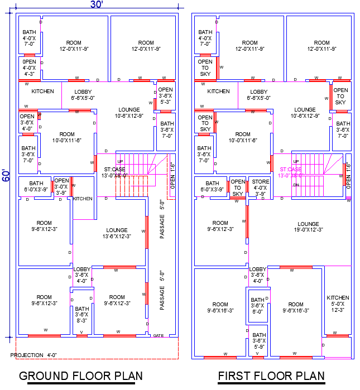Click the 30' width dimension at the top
point(96,4)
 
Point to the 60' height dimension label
point(5,177)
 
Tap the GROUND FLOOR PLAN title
point(81,375)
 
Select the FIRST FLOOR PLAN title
point(271,375)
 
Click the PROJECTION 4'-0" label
point(34,355)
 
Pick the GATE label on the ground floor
point(158,335)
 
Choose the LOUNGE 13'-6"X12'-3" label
point(117,233)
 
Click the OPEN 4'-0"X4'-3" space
point(30,67)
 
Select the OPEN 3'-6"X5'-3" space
point(165,95)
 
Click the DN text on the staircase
point(296,185)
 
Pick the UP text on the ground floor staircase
point(120,161)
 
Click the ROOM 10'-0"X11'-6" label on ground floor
point(67,137)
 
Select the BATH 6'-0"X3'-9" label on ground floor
point(36,186)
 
